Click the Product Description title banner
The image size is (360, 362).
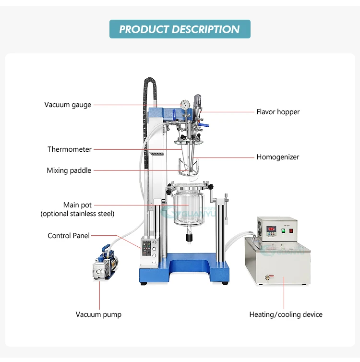(180, 29)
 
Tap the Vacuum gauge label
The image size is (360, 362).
(68, 105)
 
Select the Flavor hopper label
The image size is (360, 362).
(278, 112)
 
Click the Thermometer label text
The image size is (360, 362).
(69, 149)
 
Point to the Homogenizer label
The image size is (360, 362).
(278, 157)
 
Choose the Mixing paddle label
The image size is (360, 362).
(69, 170)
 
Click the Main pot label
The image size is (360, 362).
(77, 205)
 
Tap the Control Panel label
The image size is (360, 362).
(69, 236)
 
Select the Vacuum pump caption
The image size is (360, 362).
(98, 314)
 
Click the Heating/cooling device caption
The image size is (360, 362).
(286, 314)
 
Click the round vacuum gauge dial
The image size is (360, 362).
(185, 105)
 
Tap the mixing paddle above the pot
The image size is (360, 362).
(186, 168)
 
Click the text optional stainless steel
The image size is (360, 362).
(77, 214)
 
